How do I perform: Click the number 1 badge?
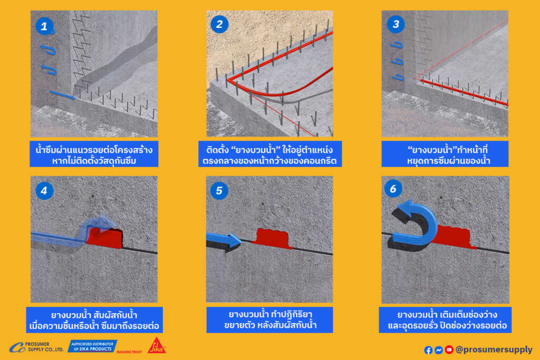coord(44,26)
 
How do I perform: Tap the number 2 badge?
coord(219,24)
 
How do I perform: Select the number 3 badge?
coord(396,24)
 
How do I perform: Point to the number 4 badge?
coord(44,191)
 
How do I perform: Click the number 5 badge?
coord(219,191)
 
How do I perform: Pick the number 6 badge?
coord(393,189)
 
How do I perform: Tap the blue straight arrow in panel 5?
coord(224,239)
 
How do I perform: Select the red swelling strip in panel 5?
coord(273,238)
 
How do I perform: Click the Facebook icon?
coord(428,350)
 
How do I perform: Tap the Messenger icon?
coord(438,350)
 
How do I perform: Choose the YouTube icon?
coord(449,349)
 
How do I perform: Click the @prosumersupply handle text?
coord(494,349)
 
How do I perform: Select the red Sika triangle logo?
coord(157,346)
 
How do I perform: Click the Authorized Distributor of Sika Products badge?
coord(92,346)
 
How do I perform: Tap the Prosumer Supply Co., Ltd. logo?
coord(36,347)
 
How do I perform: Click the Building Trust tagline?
coord(129,352)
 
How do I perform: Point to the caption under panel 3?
coord(445,154)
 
